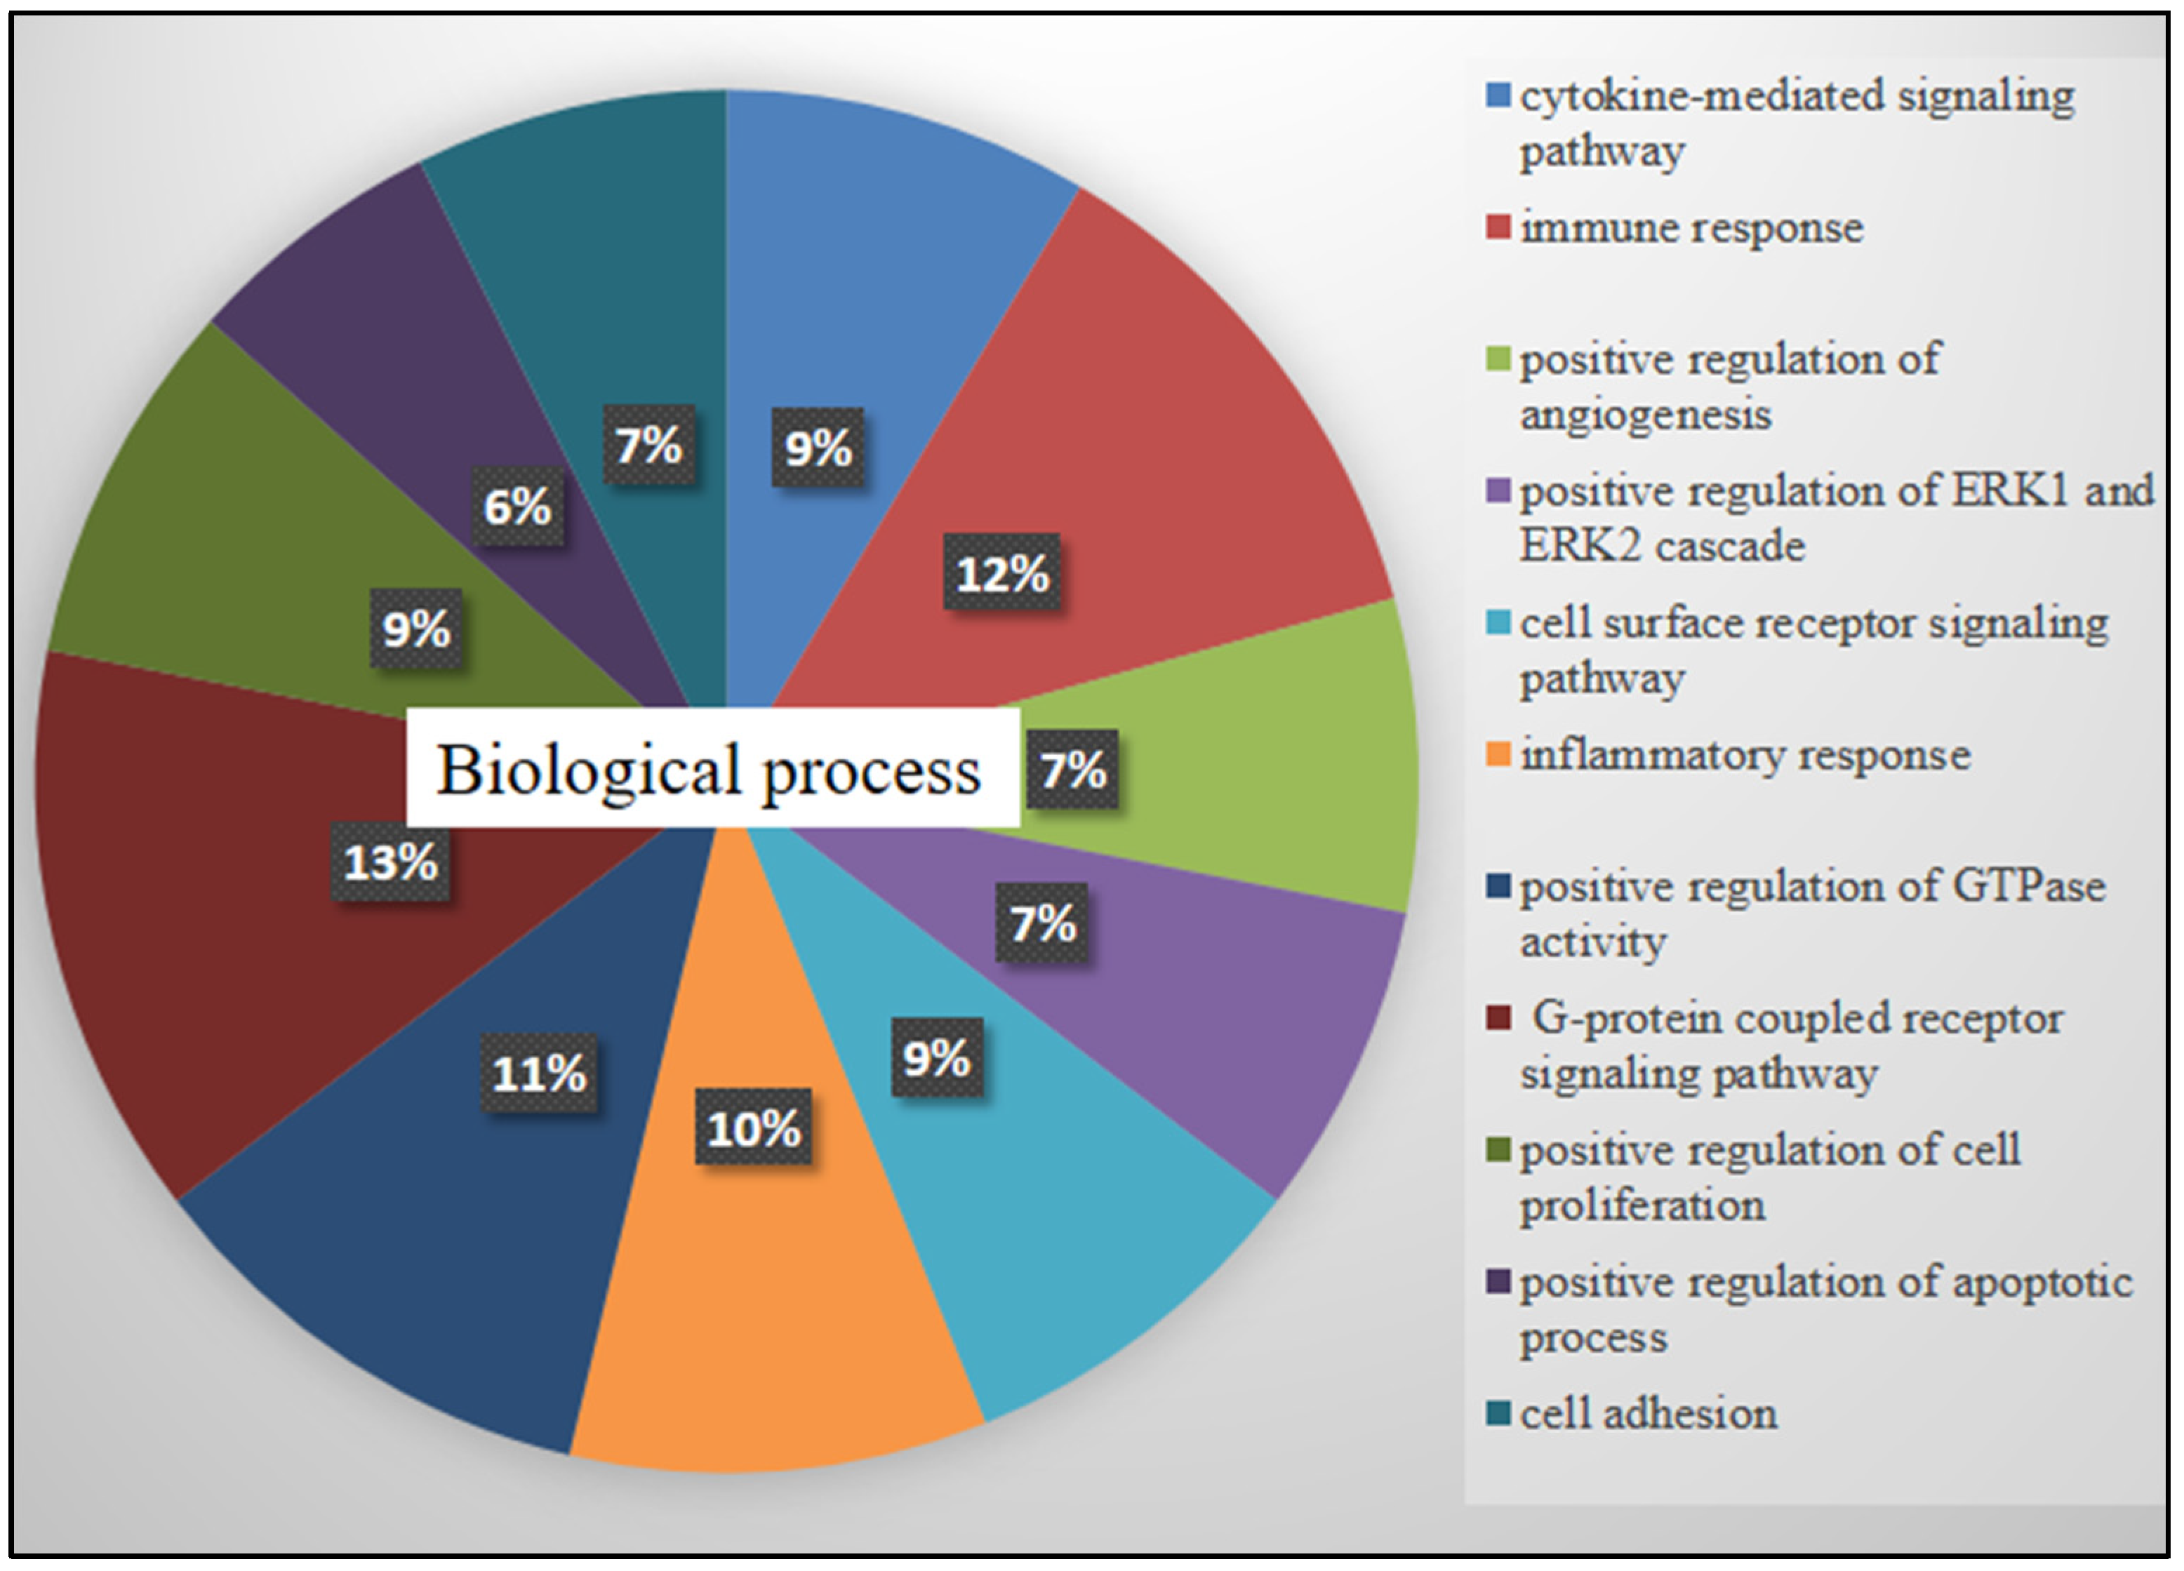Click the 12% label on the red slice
1001,574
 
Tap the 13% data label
390,862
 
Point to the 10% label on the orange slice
753,1128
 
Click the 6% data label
517,507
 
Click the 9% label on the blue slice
818,448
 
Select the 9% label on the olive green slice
416,629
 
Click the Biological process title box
712,768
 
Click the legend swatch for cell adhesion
1498,1412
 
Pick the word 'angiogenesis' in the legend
1646,415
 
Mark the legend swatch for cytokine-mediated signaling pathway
1498,95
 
